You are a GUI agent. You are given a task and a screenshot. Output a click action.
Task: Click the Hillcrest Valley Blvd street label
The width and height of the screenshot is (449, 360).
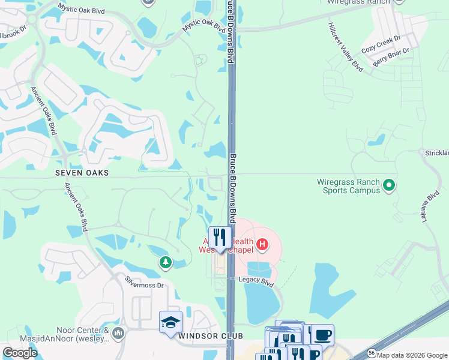tap(346, 47)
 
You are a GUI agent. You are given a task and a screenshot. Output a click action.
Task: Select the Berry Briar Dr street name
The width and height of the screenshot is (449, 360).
tap(391, 58)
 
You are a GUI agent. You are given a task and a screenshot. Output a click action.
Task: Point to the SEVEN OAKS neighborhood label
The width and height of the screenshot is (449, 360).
tap(82, 173)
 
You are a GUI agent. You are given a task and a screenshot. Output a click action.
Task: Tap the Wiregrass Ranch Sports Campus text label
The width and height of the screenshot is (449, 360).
tap(349, 186)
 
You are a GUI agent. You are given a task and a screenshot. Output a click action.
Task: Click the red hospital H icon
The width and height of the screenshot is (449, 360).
tap(262, 244)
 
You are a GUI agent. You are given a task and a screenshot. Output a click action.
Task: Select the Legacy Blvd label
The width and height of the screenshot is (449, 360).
tap(256, 280)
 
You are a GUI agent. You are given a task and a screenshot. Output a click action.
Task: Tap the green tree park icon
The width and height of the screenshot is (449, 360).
tap(165, 262)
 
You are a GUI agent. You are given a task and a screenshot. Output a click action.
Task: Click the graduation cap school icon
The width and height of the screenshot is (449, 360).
tap(170, 322)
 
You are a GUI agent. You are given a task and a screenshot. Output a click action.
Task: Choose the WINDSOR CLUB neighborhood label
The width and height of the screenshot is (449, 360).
tap(202, 336)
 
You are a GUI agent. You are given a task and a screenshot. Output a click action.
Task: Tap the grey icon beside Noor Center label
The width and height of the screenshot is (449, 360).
tap(118, 333)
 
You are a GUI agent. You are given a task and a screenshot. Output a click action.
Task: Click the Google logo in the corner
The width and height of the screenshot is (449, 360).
tap(20, 353)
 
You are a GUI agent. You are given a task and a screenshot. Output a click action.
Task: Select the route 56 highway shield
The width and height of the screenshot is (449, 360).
tap(372, 352)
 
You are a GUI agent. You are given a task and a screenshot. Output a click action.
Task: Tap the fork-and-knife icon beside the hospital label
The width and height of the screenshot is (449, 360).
tap(220, 238)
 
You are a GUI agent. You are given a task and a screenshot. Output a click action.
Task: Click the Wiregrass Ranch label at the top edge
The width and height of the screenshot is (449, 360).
tap(358, 2)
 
